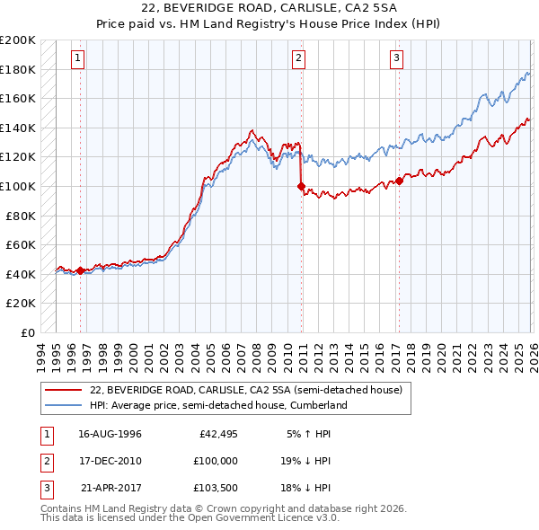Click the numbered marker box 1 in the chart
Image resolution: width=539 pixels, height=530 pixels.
[79, 58]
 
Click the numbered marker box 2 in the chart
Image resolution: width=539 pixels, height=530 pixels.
[299, 58]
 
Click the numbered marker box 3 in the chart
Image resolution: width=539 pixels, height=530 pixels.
[396, 58]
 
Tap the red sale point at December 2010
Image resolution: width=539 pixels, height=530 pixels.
[301, 187]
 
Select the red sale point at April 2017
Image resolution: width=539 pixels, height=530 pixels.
[398, 181]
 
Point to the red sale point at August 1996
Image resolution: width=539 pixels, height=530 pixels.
[80, 270]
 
